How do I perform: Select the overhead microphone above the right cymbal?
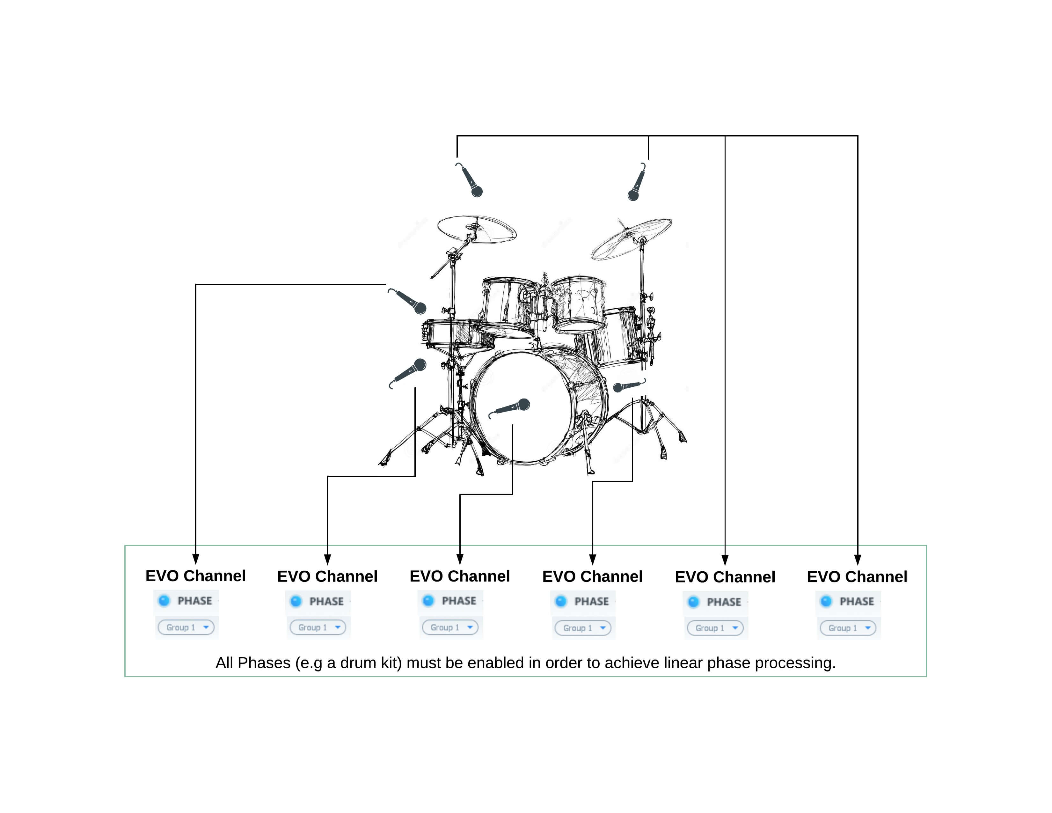637,182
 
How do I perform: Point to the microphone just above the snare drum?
407,301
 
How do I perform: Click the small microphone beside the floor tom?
629,385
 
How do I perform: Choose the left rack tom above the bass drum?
509,307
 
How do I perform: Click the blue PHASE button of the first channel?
164,601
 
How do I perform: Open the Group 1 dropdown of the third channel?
450,627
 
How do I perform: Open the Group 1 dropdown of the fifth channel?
715,628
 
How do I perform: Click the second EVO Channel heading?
327,576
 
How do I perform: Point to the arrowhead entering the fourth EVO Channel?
593,560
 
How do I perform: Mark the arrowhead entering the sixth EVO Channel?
858,560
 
